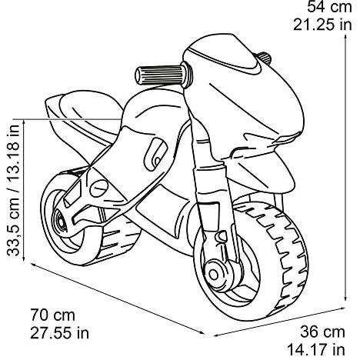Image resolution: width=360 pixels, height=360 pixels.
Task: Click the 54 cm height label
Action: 329,7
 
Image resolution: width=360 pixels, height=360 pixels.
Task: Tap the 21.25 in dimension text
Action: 322,25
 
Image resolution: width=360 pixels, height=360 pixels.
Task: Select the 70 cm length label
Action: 52,315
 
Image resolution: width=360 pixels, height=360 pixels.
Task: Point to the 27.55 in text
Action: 59,333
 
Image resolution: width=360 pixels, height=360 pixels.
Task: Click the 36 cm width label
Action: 322,332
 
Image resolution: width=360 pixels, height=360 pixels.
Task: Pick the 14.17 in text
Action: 316,350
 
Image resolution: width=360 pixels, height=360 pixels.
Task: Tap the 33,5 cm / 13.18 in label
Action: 13,190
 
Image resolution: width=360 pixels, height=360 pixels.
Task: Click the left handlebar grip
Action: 162,75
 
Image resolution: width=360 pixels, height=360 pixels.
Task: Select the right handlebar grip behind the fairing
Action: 264,58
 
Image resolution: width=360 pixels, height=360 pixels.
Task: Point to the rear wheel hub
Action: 60,221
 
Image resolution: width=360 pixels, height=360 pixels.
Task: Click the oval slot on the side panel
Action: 156,153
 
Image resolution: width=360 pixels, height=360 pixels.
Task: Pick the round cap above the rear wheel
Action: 98,188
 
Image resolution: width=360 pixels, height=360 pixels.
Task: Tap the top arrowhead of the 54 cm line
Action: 345,36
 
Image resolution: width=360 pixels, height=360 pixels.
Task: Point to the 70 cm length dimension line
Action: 118,299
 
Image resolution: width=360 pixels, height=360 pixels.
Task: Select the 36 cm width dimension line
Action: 279,322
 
